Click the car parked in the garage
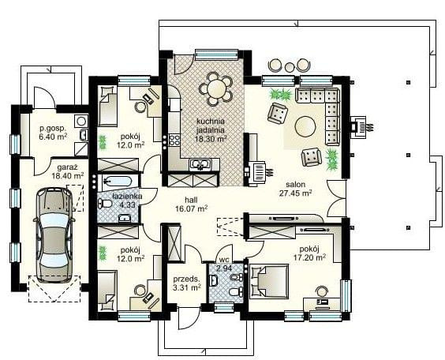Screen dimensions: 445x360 click(54, 234)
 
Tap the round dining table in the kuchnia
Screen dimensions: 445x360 click(216, 89)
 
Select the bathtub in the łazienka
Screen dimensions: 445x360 click(118, 181)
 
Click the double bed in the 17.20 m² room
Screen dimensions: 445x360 click(269, 281)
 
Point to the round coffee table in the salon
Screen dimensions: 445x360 click(305, 126)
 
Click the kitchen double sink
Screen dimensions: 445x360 click(200, 164)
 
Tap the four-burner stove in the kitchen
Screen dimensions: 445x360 click(174, 140)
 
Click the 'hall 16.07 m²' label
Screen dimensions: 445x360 click(191, 204)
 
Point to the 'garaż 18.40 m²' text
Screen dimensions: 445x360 click(68, 171)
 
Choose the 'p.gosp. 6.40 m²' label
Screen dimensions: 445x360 click(53, 133)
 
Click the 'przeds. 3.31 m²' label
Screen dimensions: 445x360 click(186, 283)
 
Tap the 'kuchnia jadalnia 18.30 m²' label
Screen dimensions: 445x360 click(211, 130)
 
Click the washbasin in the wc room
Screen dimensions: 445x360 click(213, 280)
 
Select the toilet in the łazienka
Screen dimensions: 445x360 click(104, 203)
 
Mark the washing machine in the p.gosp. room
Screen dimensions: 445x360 click(81, 121)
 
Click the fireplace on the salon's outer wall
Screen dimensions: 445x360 click(359, 126)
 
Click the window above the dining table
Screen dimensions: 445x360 click(216, 54)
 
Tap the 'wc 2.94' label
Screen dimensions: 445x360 click(224, 264)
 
